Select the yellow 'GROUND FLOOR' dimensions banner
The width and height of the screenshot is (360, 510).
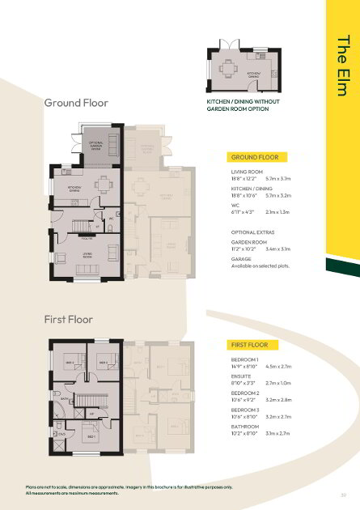[256, 156]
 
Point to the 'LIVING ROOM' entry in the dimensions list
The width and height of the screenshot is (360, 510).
[247, 172]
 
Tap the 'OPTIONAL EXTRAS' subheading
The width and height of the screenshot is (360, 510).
[254, 232]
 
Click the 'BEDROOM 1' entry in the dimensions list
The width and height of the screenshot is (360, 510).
[245, 359]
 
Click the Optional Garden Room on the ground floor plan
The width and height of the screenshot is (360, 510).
[101, 145]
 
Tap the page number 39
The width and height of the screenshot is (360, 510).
[344, 495]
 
